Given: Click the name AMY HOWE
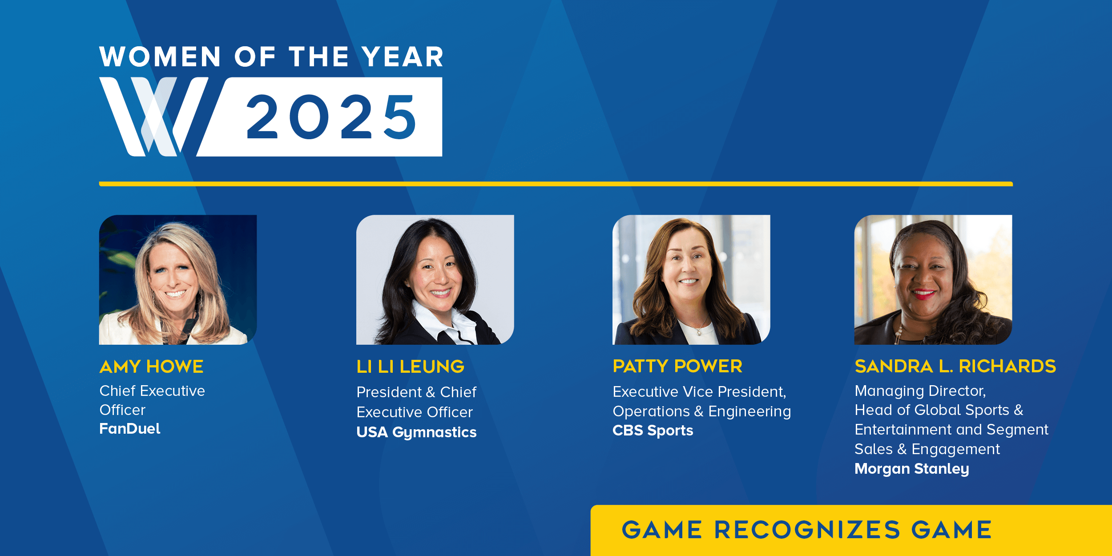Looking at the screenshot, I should coord(151,367).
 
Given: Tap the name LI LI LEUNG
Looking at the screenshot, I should coord(410,367).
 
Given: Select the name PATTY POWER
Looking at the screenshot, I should coord(677,366).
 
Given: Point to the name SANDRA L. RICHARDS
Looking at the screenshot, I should coord(955,366).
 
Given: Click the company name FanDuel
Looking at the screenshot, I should coord(129,429).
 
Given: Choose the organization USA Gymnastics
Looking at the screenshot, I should coord(416,432).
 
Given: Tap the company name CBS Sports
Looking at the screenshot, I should coord(653,431).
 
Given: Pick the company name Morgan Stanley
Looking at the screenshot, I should coord(911,469).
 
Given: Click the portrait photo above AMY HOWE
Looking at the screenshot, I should coord(178,280).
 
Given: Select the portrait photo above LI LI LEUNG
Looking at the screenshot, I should coord(435,280).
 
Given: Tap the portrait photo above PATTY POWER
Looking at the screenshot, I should coord(691,280).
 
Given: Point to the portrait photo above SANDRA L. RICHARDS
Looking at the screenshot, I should coord(933,280).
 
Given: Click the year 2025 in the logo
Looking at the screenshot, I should coord(331,117).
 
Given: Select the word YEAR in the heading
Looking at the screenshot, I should coord(403,57).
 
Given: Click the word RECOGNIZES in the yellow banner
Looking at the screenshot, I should coord(807,530).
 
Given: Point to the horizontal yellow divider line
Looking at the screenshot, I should coord(556,184).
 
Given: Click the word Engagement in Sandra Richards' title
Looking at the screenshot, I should coord(955,449).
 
